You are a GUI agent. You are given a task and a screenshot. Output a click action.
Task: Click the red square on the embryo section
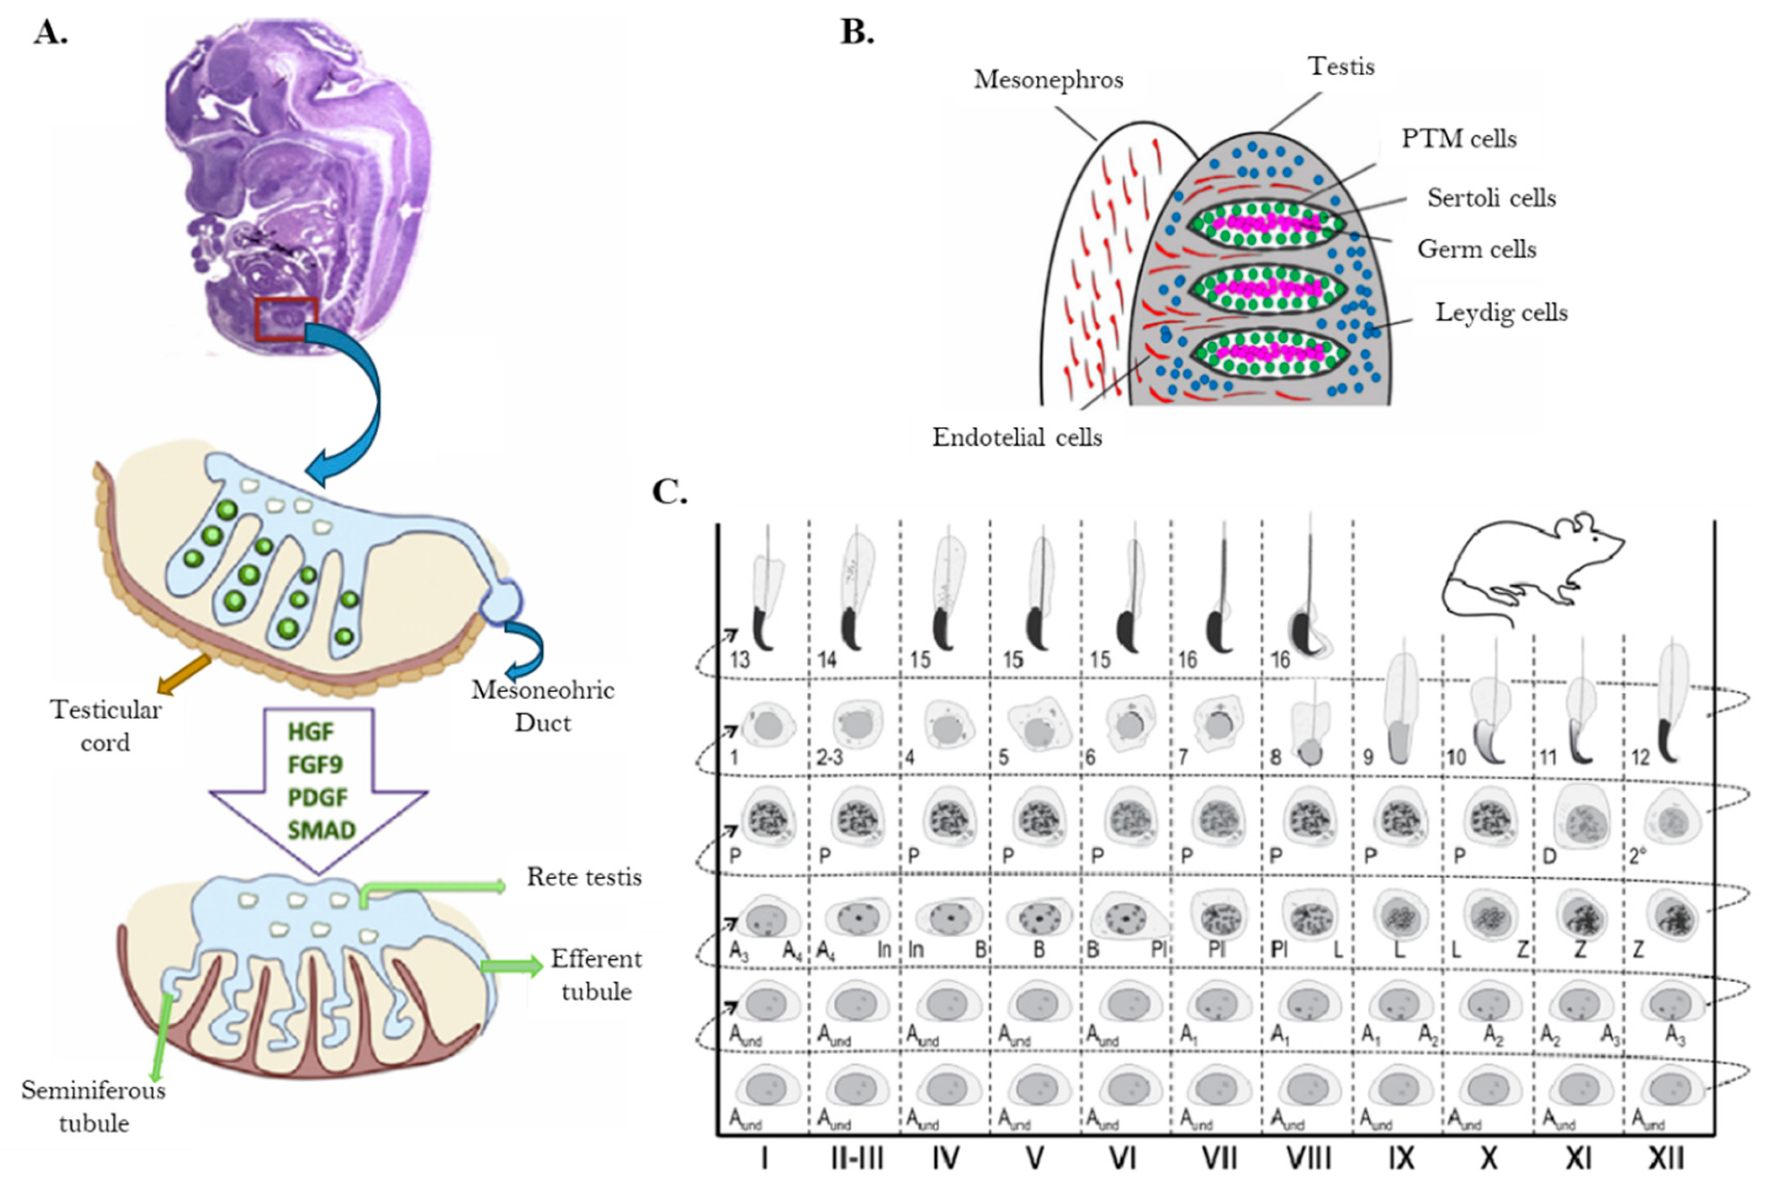click(x=285, y=319)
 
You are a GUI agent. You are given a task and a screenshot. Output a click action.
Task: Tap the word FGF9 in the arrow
click(x=315, y=764)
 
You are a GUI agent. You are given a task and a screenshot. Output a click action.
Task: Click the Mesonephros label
click(x=1048, y=80)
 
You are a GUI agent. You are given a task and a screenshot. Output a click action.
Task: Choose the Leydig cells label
click(x=1501, y=312)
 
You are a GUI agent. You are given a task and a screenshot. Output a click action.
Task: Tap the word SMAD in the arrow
click(x=321, y=830)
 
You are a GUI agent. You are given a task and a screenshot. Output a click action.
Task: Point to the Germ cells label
click(x=1476, y=249)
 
